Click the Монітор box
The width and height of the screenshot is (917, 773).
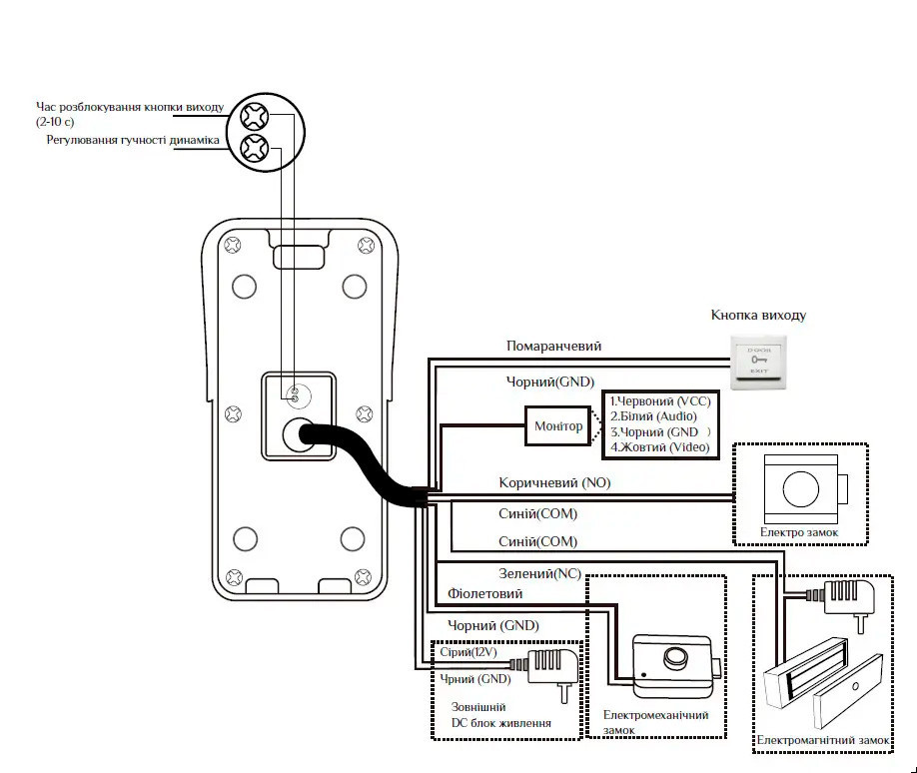coord(557,426)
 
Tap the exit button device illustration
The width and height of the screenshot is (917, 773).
coord(757,362)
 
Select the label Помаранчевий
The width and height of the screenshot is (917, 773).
coord(553,346)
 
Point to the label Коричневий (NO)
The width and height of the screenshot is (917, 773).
coord(554,482)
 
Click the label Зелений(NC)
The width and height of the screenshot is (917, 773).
coord(539,573)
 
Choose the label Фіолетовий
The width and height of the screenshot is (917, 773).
coord(485,593)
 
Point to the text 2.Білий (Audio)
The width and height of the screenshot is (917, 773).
coord(653,415)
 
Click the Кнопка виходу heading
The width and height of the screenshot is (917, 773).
coord(758,315)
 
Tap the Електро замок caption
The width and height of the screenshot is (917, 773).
coord(799,533)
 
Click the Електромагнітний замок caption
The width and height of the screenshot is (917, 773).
coord(822,740)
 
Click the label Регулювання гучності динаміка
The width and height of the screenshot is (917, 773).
coord(133,140)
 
